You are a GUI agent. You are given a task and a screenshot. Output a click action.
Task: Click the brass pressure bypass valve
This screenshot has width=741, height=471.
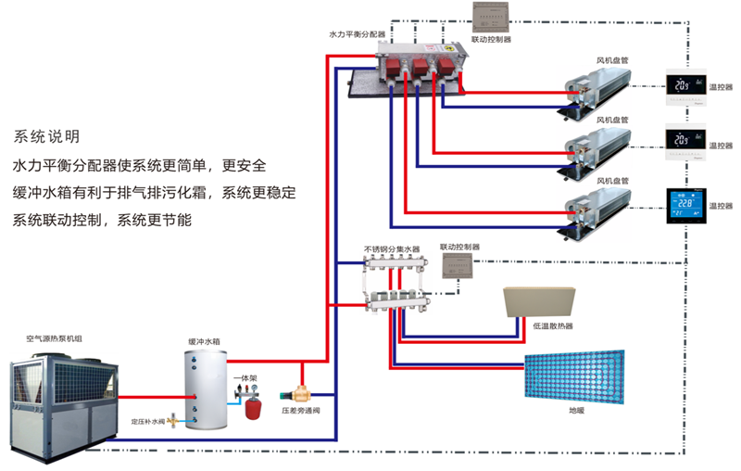(301, 396)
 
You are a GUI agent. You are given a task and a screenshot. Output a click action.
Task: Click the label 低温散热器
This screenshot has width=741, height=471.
(553, 326)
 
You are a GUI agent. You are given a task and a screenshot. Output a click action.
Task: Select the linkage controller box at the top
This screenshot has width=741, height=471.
(491, 18)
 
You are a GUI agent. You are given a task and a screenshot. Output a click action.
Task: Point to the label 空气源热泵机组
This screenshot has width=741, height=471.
(55, 341)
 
